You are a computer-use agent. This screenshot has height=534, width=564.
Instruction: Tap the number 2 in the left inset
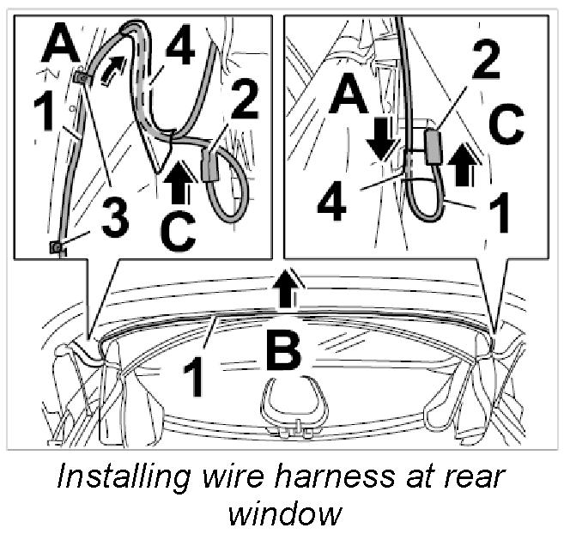(x=244, y=100)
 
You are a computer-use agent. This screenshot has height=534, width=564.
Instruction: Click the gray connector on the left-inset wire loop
(x=211, y=166)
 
